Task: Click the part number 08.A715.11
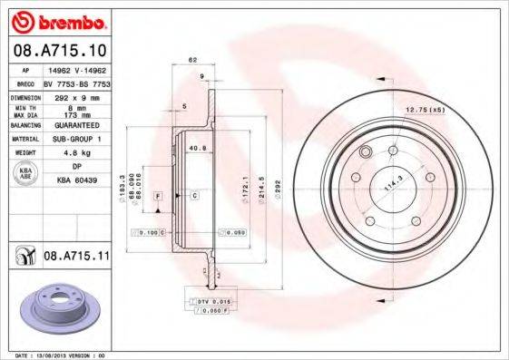tap(76, 258)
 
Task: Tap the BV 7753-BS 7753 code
tap(76, 82)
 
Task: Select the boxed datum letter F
tap(158, 196)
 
